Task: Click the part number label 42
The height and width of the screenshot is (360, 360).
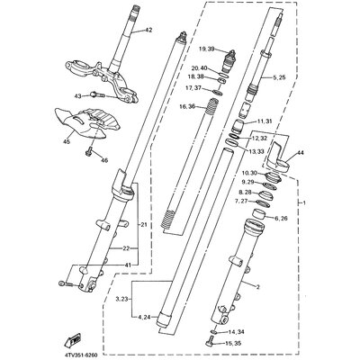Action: click(149, 31)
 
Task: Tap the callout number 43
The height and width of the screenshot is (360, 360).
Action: click(78, 95)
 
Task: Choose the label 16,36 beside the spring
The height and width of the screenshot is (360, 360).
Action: click(186, 105)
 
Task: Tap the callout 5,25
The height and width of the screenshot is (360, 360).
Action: click(278, 79)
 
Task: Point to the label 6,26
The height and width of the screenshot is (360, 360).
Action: click(281, 218)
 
